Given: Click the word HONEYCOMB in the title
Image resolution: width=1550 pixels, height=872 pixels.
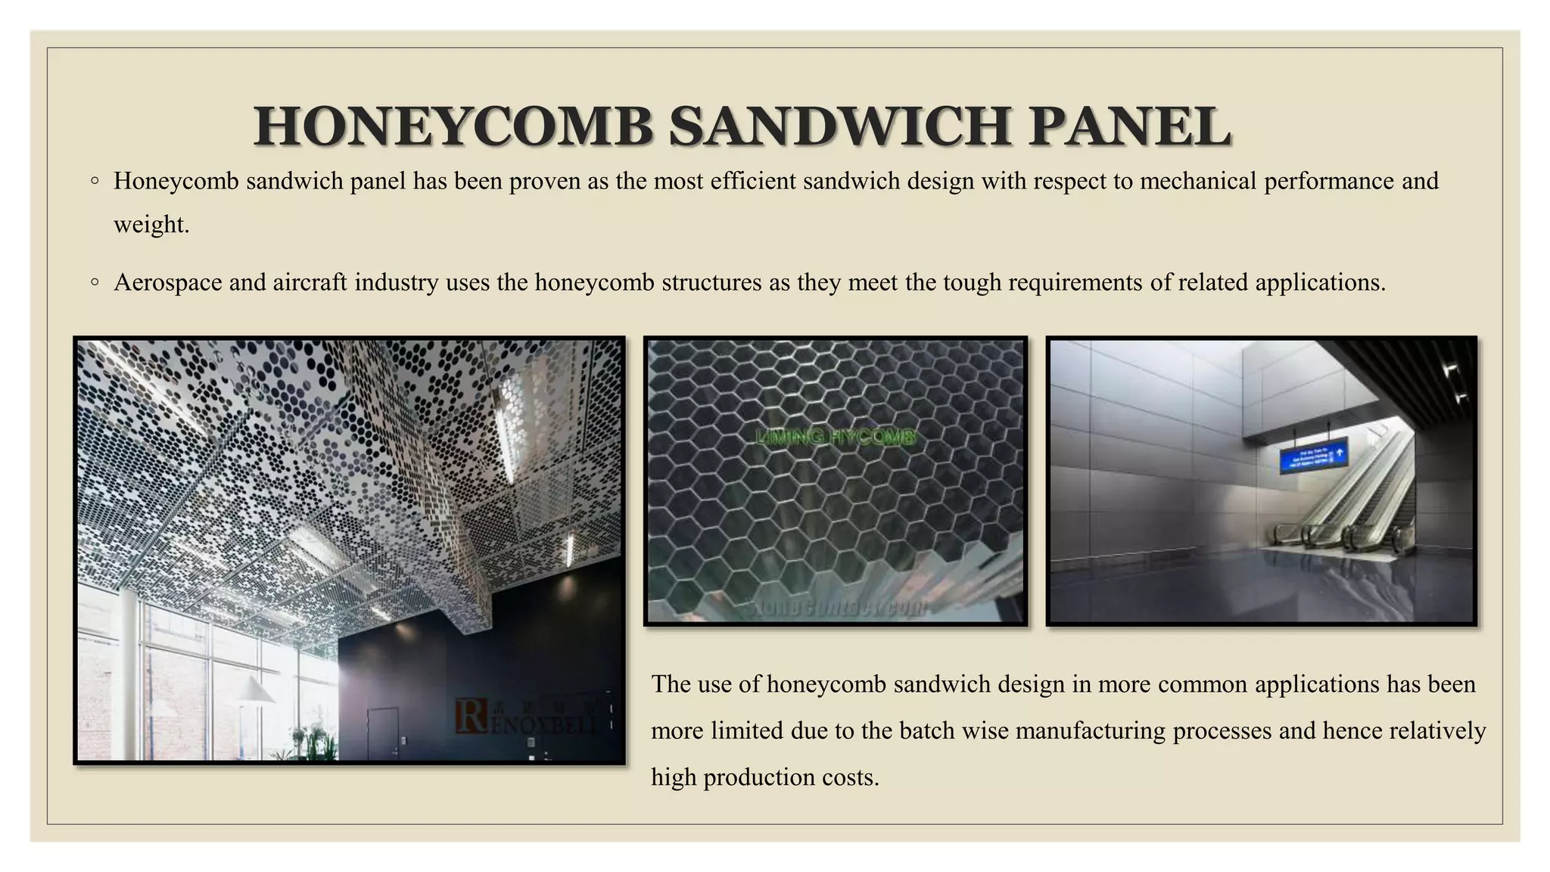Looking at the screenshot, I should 453,126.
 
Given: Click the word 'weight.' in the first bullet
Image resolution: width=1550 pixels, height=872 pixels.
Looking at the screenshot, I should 151,225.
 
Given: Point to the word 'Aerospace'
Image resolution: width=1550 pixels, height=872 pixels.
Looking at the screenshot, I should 168,283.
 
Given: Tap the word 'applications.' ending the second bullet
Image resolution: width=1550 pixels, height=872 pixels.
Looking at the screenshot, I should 1320,283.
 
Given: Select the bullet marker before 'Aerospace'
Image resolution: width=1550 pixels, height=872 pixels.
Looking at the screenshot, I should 95,282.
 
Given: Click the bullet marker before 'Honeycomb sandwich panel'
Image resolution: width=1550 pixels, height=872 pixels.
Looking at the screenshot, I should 95,181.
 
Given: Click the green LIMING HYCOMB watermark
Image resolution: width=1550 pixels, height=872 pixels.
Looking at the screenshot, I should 836,437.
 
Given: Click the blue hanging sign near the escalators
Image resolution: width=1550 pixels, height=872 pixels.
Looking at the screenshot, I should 1313,455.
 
